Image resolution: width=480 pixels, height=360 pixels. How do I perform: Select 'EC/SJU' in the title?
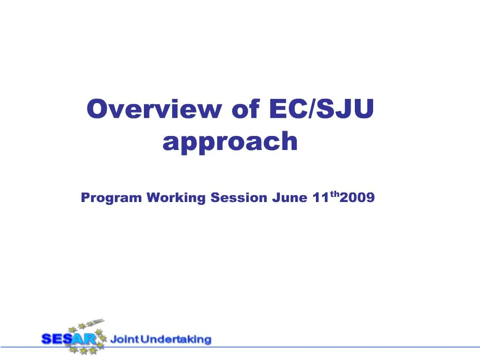[322, 110]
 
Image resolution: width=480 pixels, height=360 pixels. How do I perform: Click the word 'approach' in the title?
[230, 141]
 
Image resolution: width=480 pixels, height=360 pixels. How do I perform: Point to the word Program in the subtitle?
[111, 198]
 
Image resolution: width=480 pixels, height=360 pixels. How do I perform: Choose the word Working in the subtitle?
[176, 198]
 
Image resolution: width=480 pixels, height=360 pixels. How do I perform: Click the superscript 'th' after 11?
[334, 194]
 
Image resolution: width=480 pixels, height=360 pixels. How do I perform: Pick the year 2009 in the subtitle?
[357, 198]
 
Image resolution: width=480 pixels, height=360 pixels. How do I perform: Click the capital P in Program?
[85, 198]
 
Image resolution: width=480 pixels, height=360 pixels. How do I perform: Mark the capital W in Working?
[153, 198]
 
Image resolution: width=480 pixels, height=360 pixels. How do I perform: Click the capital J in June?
[275, 198]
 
